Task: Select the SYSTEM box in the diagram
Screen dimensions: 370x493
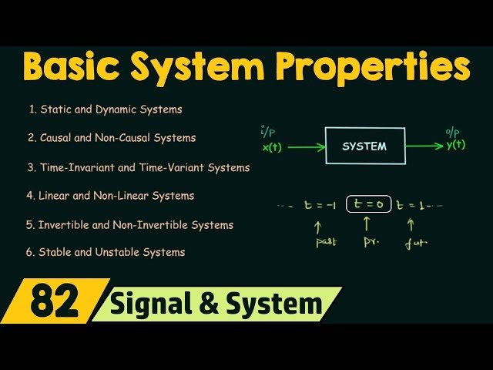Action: [364, 146]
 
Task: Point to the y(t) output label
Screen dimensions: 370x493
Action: [455, 145]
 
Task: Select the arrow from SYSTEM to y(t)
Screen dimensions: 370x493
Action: [423, 145]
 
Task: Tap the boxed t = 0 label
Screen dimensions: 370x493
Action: [369, 205]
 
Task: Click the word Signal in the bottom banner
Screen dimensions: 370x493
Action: [149, 304]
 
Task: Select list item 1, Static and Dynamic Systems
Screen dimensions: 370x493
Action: [106, 109]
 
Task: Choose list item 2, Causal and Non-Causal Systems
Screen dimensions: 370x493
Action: [112, 138]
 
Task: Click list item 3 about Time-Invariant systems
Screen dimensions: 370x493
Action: [138, 167]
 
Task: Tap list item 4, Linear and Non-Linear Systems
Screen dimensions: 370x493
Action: [110, 196]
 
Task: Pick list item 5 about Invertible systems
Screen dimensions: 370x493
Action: [129, 225]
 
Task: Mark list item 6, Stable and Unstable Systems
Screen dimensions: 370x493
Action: [106, 252]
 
